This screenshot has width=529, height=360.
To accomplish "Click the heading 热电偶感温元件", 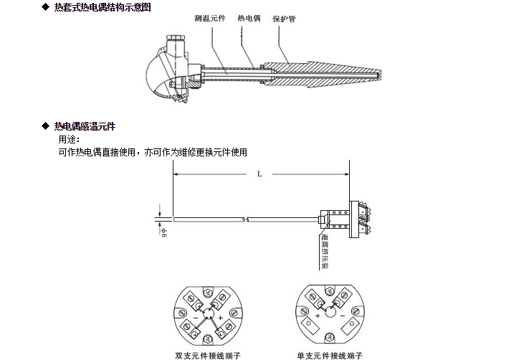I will pos(85,126).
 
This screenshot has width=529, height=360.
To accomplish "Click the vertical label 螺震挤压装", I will pos(324,247).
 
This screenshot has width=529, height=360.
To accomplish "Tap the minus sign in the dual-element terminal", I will pos(195,316).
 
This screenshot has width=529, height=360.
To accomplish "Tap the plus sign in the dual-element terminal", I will pos(219,316).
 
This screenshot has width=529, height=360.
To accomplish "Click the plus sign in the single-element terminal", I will pos(318,315).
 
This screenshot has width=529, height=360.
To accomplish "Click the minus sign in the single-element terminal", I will pos(343,315).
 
